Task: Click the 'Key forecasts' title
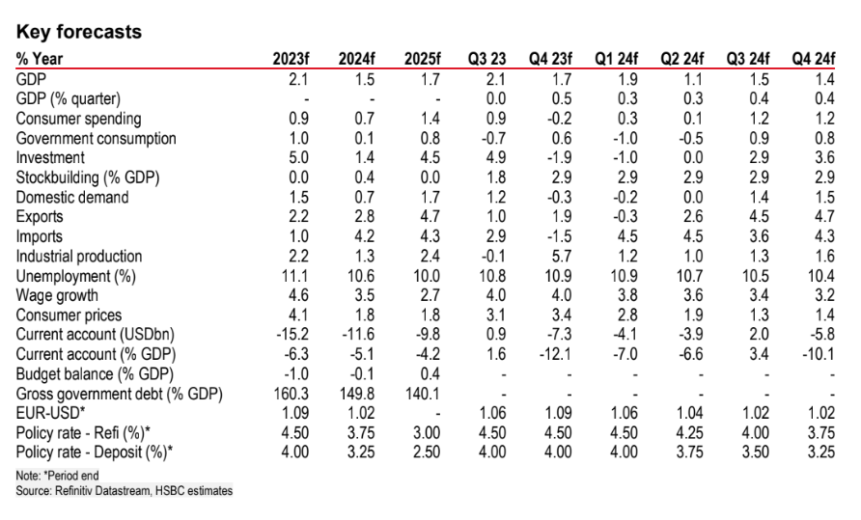click(79, 32)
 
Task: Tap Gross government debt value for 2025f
click(421, 394)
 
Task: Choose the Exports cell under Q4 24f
click(824, 217)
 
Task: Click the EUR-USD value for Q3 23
click(487, 414)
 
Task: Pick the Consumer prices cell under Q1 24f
click(627, 315)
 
